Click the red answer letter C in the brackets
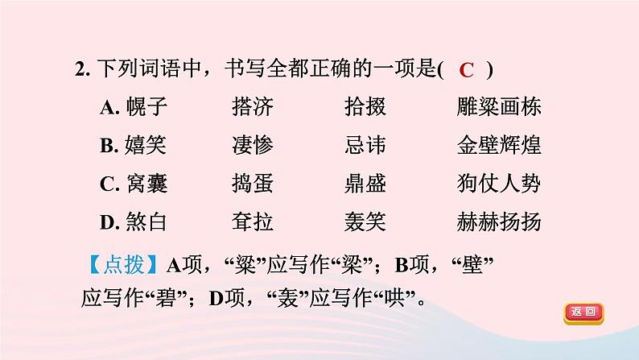[468, 70]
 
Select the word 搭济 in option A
[252, 108]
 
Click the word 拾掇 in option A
[364, 108]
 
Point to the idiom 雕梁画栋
[497, 108]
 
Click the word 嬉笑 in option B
[146, 145]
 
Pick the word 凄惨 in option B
[252, 145]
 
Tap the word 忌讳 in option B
[364, 145]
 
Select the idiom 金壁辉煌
[497, 145]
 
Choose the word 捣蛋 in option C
[252, 183]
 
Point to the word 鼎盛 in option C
[364, 183]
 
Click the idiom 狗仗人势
[497, 183]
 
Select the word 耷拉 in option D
[252, 221]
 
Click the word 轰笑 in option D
[364, 221]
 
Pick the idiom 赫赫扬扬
[497, 221]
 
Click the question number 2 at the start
[80, 71]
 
